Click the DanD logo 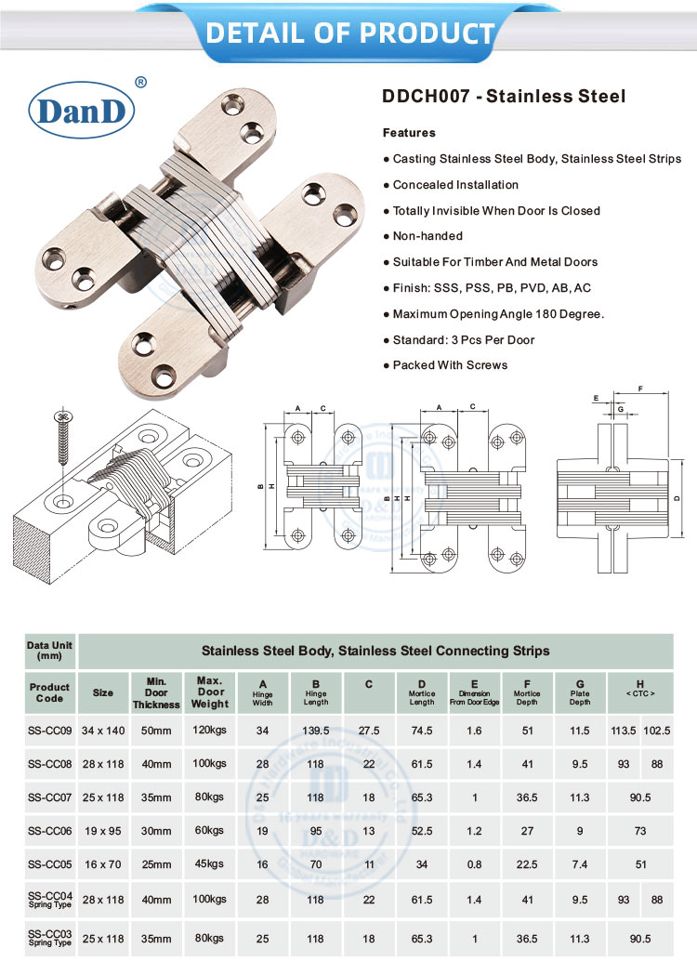coord(83,111)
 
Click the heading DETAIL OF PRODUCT coord(348,33)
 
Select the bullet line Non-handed coord(427,236)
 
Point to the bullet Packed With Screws coord(450,364)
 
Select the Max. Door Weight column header coord(211,692)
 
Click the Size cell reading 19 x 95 coord(103,830)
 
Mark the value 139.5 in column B coord(316,731)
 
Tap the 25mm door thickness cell coord(156,863)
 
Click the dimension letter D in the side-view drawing coord(677,497)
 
